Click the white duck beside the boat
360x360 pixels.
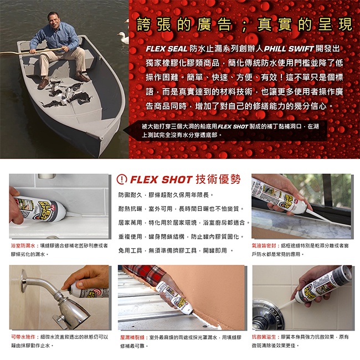coord(123,38)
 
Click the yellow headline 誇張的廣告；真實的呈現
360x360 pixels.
coord(244,24)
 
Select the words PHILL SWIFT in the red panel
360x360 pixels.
coord(289,49)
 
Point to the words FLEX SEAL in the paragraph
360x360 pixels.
coord(167,49)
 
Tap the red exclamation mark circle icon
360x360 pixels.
coord(122,179)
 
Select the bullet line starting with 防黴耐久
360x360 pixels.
coord(166,195)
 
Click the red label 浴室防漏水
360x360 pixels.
coord(23,245)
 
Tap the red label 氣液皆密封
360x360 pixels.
coord(264,245)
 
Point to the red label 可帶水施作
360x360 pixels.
coord(23,337)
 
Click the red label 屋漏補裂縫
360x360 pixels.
coord(132,337)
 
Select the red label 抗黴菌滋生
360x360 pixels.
coord(264,337)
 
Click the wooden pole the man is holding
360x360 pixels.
coord(32,51)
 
